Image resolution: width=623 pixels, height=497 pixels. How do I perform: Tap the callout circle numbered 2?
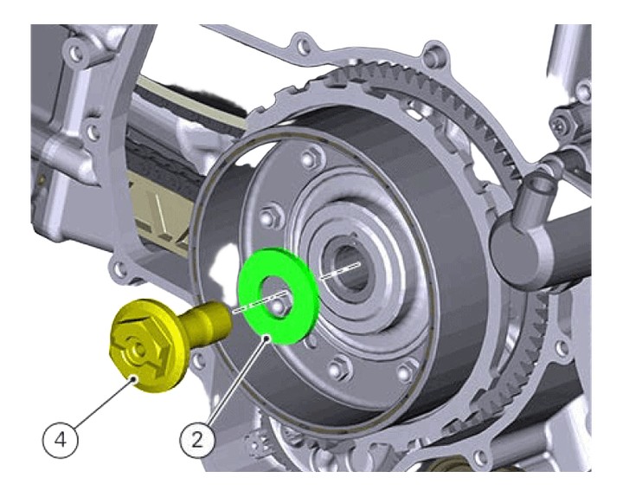point(197,438)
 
